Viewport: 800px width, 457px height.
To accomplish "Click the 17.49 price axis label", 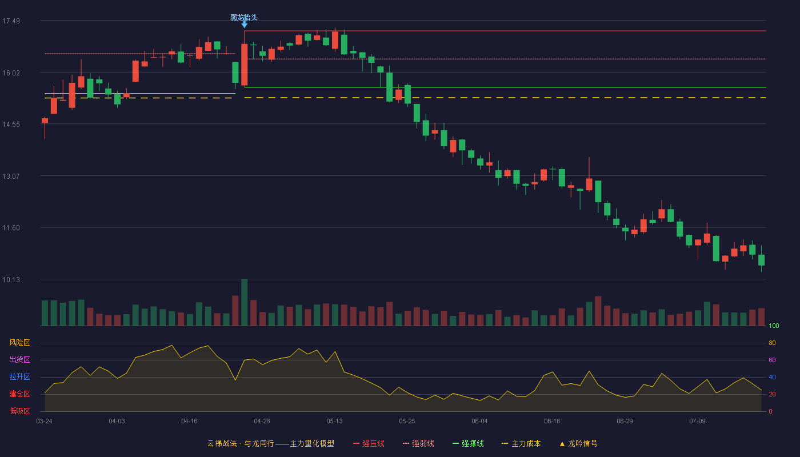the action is (11, 21).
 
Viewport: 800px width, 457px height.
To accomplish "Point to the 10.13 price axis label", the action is (11, 279).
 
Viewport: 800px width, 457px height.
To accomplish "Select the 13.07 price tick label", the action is (11, 177).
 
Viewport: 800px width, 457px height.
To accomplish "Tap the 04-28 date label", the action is (262, 422).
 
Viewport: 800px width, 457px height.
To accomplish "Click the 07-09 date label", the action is (697, 422).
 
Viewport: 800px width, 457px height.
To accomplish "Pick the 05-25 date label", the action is (407, 422).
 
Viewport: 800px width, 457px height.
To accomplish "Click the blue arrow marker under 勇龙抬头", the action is (245, 25).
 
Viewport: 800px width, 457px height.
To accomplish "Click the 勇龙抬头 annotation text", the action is (244, 18).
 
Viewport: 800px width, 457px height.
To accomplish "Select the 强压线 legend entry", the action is (369, 443).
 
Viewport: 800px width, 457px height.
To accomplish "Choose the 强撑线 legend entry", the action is (468, 443).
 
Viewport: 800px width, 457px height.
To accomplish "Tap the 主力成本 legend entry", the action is (521, 443).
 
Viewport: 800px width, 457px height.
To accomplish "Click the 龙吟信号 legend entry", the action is (578, 443).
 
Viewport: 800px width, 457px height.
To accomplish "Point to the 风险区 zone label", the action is (19, 343).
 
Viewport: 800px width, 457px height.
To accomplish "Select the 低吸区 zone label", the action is (19, 411).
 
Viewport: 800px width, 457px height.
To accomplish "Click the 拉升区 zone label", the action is (19, 377).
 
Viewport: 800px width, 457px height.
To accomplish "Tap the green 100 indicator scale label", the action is (774, 326).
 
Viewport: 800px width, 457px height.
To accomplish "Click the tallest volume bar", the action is (245, 302).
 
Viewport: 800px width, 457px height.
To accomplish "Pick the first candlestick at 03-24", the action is (45, 121).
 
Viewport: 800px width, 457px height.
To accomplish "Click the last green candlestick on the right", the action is (761, 260).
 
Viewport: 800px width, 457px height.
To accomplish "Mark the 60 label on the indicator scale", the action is (772, 360).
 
